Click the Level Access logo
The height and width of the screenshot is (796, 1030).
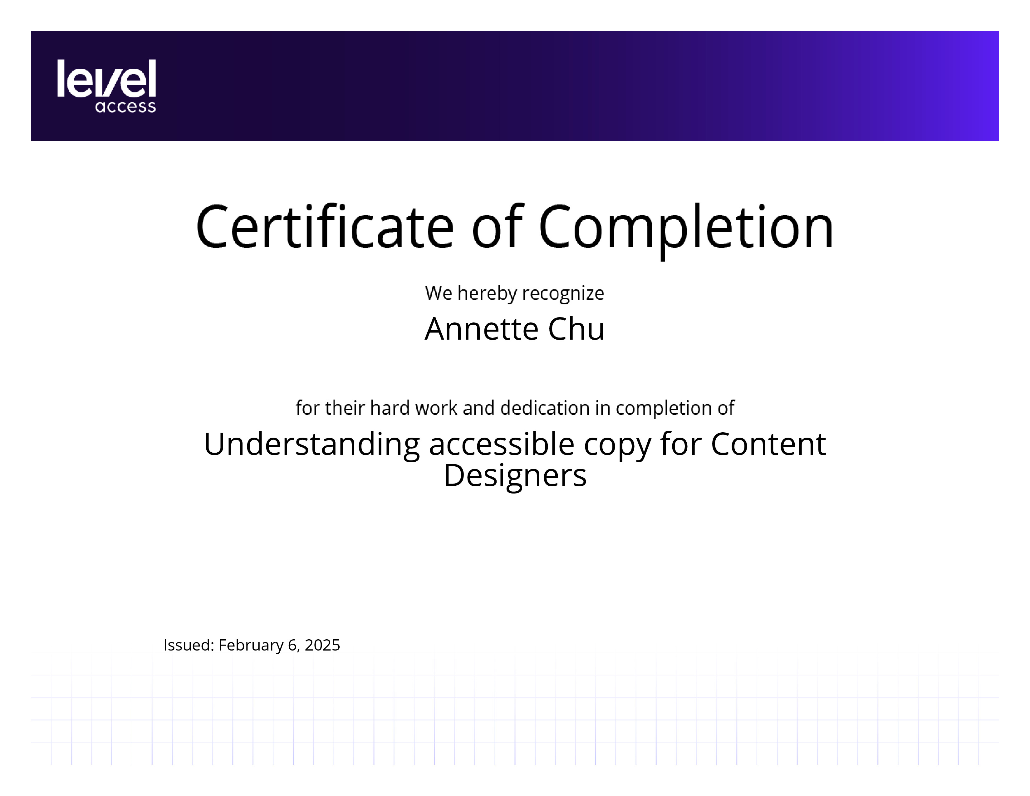pos(106,86)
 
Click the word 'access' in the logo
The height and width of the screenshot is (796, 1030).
pos(125,106)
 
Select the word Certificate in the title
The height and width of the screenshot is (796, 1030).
pos(325,227)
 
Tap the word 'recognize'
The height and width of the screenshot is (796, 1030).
pos(563,294)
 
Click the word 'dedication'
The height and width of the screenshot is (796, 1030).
pos(545,408)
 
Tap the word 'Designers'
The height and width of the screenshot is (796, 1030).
pos(515,475)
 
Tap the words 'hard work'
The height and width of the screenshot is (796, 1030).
pos(414,408)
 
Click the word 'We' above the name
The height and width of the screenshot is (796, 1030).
pos(439,293)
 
